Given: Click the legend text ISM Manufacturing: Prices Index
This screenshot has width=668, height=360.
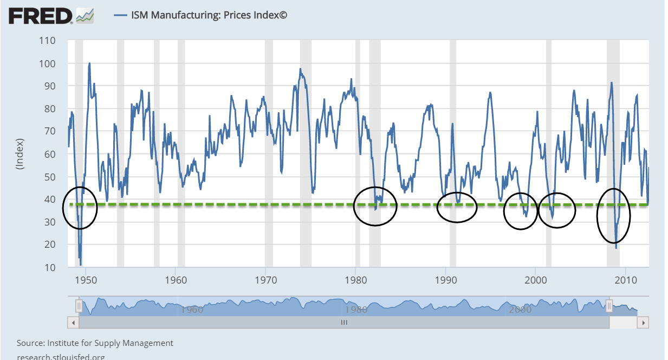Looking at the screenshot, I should point(209,15).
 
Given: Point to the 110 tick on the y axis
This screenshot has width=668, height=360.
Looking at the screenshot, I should point(49,41).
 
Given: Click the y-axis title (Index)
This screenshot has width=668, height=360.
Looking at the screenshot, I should point(20,154).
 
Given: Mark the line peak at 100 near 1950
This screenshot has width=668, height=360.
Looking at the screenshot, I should point(89,63).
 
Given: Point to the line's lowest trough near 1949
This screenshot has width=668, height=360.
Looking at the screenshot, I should point(81,265).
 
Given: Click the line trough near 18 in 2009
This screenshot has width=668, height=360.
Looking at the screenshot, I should point(616,248).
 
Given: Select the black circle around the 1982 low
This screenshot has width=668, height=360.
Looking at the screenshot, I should point(375,206).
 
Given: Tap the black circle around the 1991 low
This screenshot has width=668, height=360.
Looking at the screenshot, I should point(457,207).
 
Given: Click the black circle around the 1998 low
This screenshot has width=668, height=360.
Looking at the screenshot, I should point(521,211).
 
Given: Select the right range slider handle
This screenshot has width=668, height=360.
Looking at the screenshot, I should point(609,307).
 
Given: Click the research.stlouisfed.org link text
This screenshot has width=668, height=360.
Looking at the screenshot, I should point(61,357).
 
